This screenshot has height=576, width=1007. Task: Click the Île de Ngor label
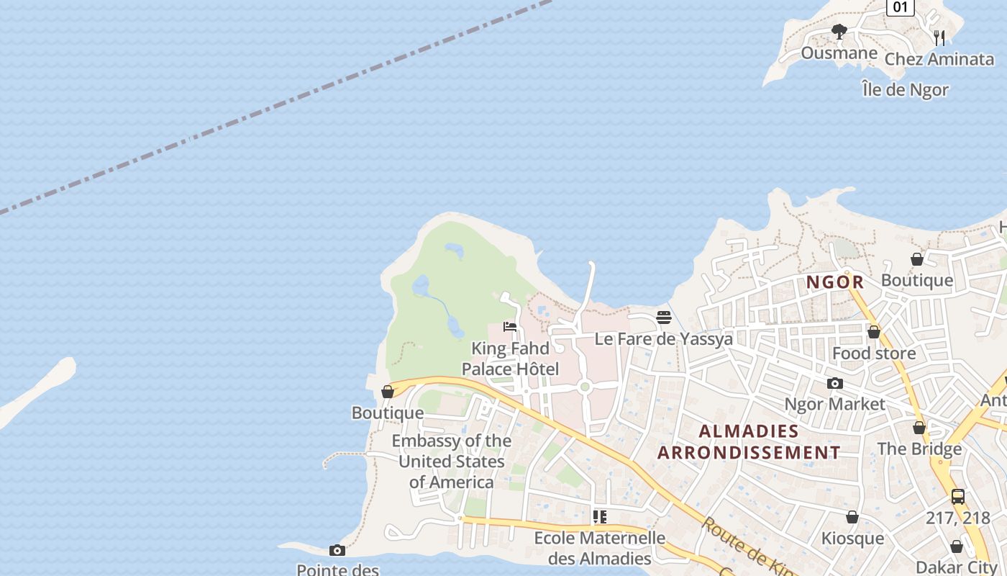[x=905, y=90]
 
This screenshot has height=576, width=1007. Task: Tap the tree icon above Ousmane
[x=839, y=32]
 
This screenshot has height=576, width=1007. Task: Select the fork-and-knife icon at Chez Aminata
[x=939, y=37]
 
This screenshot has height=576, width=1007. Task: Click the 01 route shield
[x=900, y=7]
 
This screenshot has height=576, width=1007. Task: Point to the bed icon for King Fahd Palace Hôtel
[x=510, y=326]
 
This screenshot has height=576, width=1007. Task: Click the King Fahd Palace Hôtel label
[x=510, y=359]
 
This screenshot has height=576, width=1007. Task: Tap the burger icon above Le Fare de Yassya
[x=663, y=318]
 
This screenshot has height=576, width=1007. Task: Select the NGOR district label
[x=834, y=282]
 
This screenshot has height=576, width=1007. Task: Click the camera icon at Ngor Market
[x=834, y=383]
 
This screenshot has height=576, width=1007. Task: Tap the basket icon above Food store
[x=873, y=332]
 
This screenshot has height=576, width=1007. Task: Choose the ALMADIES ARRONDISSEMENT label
[x=749, y=442]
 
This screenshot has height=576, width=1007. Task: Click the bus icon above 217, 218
[x=957, y=496]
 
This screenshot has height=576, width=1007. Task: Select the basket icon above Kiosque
[x=852, y=517]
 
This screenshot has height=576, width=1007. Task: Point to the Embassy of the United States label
[x=452, y=461]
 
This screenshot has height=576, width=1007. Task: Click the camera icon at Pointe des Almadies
[x=337, y=550]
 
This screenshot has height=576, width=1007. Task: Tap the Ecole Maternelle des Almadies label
[x=599, y=548]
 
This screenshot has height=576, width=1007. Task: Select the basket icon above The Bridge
[x=919, y=428]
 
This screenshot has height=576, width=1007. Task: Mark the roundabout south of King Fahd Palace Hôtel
[x=584, y=387]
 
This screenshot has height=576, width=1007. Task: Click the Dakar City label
[x=955, y=567]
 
